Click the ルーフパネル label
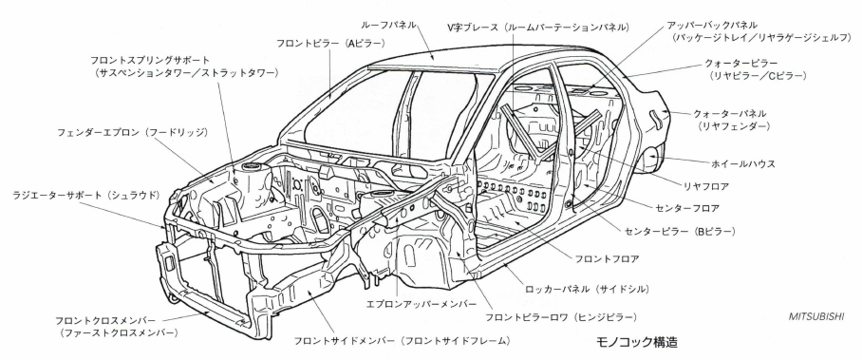[x=388, y=25]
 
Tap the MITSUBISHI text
[x=815, y=316]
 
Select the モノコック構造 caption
[x=637, y=342]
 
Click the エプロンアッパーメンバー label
[x=422, y=304]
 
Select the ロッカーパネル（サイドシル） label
[x=587, y=289]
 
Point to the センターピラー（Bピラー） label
[x=680, y=232]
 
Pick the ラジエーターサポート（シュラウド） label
[x=85, y=195]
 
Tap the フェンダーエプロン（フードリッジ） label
[x=133, y=133]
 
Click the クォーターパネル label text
[x=729, y=113]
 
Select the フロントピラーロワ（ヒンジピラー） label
[x=561, y=317]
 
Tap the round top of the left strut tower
[x=251, y=165]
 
